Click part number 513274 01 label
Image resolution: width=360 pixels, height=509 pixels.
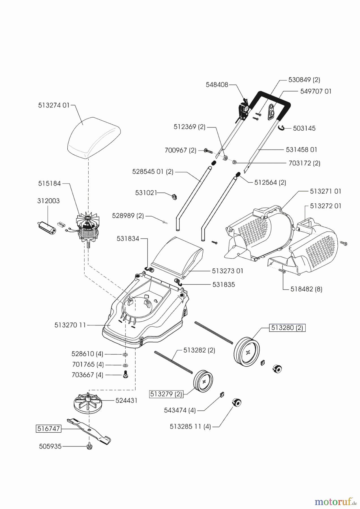(54, 105)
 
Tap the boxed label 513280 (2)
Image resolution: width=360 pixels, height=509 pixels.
(287, 328)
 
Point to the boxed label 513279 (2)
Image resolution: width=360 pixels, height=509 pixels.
(166, 394)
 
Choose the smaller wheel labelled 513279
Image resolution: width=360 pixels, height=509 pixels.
(203, 381)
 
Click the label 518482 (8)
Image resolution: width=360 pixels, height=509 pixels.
(307, 289)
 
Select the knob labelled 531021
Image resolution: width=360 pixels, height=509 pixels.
(174, 196)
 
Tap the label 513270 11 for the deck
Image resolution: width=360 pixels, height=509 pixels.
(70, 325)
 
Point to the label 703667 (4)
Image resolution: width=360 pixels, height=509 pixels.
(87, 375)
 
